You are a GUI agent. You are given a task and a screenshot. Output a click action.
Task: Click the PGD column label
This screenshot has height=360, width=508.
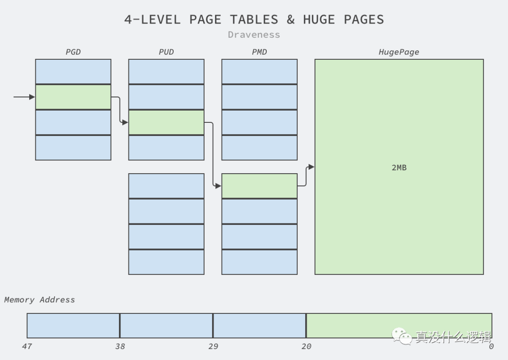pos(73,52)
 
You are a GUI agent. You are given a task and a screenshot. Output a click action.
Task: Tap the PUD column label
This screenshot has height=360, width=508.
pos(166,52)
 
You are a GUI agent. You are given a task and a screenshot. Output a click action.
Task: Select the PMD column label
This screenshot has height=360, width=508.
pos(259,52)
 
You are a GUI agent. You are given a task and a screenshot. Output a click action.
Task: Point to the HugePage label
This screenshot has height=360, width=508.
pos(399,52)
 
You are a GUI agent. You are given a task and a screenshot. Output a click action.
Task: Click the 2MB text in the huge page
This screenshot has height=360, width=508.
pos(399,167)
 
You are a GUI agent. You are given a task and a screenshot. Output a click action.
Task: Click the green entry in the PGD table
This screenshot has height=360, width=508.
pos(73,97)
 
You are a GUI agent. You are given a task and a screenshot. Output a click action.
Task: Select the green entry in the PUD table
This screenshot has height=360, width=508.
pos(167,122)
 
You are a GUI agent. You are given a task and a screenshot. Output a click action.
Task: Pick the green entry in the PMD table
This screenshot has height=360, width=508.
pos(260,186)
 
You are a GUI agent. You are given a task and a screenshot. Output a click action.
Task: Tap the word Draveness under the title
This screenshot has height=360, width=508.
pos(254,34)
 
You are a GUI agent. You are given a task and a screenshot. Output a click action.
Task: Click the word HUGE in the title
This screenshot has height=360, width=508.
pos(319,19)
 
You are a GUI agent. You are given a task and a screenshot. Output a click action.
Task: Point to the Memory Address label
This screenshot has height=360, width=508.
pos(40,300)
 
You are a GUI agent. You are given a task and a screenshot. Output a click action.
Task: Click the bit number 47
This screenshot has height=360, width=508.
pos(27,346)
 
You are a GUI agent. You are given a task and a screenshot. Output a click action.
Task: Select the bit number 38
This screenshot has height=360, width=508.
pos(120,346)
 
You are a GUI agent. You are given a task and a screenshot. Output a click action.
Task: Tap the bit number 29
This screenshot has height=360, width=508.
pos(213,346)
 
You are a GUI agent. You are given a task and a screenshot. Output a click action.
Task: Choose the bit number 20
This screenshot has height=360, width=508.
pos(306,346)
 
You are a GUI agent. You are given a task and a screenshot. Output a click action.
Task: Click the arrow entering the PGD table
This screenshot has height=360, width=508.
pos(24,97)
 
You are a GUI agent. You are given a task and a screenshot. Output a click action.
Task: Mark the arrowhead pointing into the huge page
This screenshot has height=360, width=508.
pos(311,167)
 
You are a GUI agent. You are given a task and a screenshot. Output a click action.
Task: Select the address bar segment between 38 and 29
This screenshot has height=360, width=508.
pos(167,326)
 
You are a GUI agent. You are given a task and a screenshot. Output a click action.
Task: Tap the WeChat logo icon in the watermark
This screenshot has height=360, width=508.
pos(402,336)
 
